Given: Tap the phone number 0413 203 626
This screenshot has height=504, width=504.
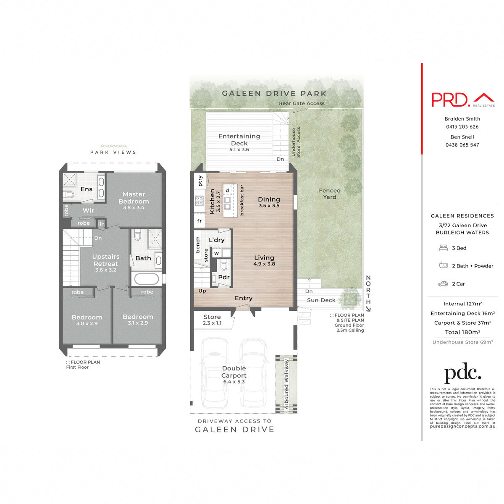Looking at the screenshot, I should pyautogui.click(x=462, y=126).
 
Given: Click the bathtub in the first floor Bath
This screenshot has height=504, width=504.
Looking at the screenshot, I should pyautogui.click(x=146, y=279).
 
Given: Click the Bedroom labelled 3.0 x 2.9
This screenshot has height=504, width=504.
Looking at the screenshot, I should pyautogui.click(x=87, y=320).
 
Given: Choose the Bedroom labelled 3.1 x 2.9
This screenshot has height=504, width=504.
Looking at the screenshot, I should pyautogui.click(x=138, y=319).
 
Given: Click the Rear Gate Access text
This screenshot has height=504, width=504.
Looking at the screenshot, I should pyautogui.click(x=302, y=103).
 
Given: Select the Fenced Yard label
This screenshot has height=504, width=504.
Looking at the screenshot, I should pyautogui.click(x=330, y=194).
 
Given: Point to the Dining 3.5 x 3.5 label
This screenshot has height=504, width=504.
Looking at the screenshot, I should pyautogui.click(x=269, y=202).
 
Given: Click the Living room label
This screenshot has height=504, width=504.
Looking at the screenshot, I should pyautogui.click(x=264, y=260).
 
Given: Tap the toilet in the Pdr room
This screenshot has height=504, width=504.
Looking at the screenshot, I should pyautogui.click(x=224, y=265).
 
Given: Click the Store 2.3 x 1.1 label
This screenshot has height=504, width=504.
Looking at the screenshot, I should pyautogui.click(x=212, y=320).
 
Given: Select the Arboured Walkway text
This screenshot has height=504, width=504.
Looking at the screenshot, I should pyautogui.click(x=287, y=383).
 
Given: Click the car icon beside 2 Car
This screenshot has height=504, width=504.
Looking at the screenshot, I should pyautogui.click(x=443, y=284).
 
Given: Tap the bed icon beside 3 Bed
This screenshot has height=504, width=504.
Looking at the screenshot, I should pyautogui.click(x=443, y=248).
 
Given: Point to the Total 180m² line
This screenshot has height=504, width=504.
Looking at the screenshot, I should pyautogui.click(x=462, y=332).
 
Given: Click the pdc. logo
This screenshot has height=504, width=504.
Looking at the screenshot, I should pyautogui.click(x=462, y=373).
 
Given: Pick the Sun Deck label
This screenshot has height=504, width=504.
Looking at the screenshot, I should pyautogui.click(x=321, y=300).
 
